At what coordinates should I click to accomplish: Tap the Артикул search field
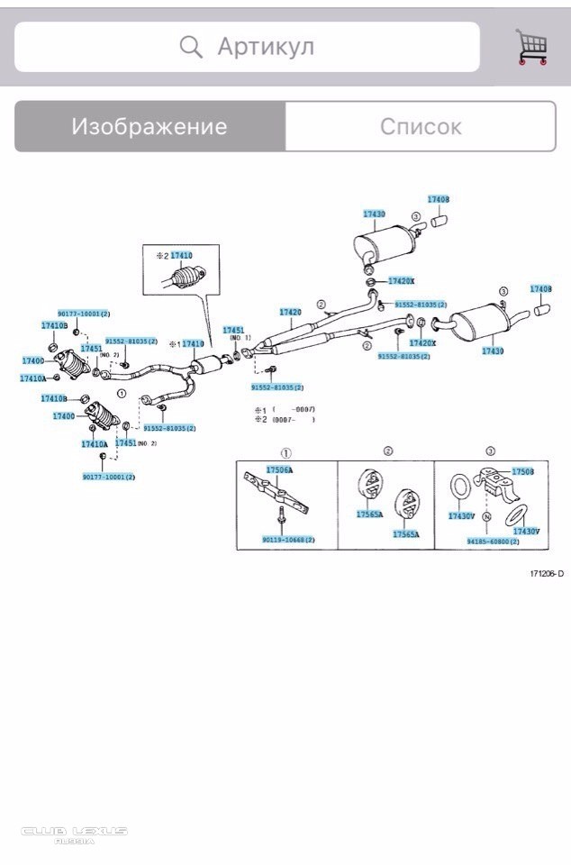coord(247,47)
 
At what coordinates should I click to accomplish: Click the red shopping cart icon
coord(531,47)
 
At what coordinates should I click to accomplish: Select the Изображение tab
coord(150,126)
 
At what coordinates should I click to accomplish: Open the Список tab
coord(421,126)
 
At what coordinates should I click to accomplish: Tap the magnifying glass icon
coord(191,47)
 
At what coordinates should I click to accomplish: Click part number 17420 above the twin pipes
coord(290,313)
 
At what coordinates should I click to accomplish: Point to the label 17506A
coord(279,470)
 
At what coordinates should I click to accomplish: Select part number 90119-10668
coord(288,540)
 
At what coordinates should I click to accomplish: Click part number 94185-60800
coord(493,542)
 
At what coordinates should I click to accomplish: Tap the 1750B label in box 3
coord(522,471)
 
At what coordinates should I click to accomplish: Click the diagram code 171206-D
coord(547,573)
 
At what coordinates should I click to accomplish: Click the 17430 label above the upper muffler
coord(374,214)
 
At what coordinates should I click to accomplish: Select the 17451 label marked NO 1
coord(233,331)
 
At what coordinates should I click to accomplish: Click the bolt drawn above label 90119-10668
coord(282,518)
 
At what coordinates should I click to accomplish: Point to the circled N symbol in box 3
coord(485,517)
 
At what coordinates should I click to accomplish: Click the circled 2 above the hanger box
coord(388,451)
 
